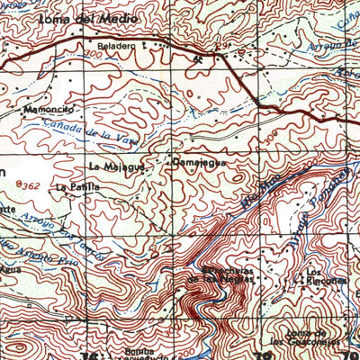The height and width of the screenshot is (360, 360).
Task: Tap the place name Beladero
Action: click(116, 44)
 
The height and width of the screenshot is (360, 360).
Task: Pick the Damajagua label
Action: click(193, 164)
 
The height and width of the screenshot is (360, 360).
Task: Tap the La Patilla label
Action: click(74, 187)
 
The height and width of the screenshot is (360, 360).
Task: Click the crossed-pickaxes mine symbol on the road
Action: click(199, 56)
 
